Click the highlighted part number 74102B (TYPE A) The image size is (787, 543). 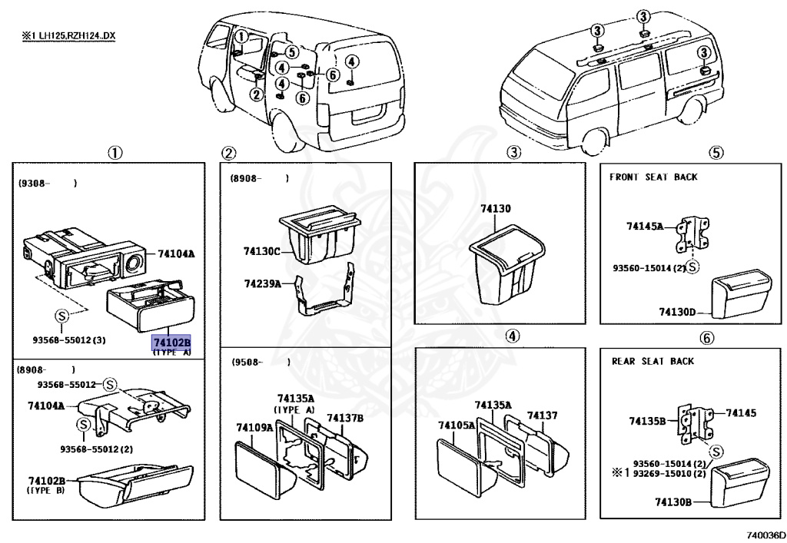coord(171,343)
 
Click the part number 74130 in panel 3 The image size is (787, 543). coord(496,209)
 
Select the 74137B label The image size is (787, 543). coord(344,418)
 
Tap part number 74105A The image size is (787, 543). coord(457,425)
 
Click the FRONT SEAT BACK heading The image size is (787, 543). coord(653,177)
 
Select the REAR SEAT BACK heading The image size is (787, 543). coord(653,361)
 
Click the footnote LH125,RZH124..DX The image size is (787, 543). coord(68,36)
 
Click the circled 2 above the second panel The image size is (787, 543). coord(228,153)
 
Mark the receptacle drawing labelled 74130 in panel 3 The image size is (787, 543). coord(506,265)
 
